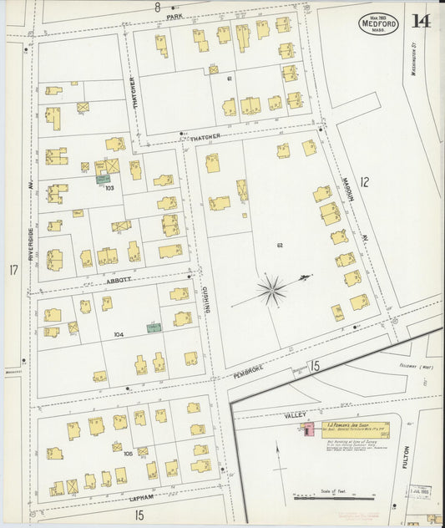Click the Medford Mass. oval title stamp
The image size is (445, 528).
tap(379, 23)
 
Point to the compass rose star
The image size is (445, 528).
tap(271, 292)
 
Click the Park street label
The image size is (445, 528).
tap(174, 17)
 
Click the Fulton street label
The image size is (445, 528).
tap(406, 455)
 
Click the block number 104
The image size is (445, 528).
tap(119, 334)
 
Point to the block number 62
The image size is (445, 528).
tap(280, 246)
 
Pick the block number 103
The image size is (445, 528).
tap(109, 188)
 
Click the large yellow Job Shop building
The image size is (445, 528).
tap(355, 429)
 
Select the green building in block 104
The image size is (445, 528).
tap(154, 327)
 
